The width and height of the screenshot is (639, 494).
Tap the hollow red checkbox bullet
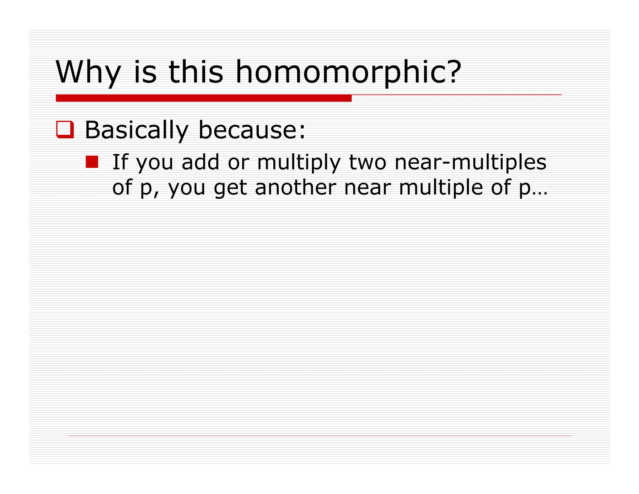click(65, 129)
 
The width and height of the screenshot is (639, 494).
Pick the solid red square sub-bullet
click(92, 162)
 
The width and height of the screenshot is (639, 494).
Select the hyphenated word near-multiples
click(470, 162)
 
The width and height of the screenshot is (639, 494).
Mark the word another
click(295, 187)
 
